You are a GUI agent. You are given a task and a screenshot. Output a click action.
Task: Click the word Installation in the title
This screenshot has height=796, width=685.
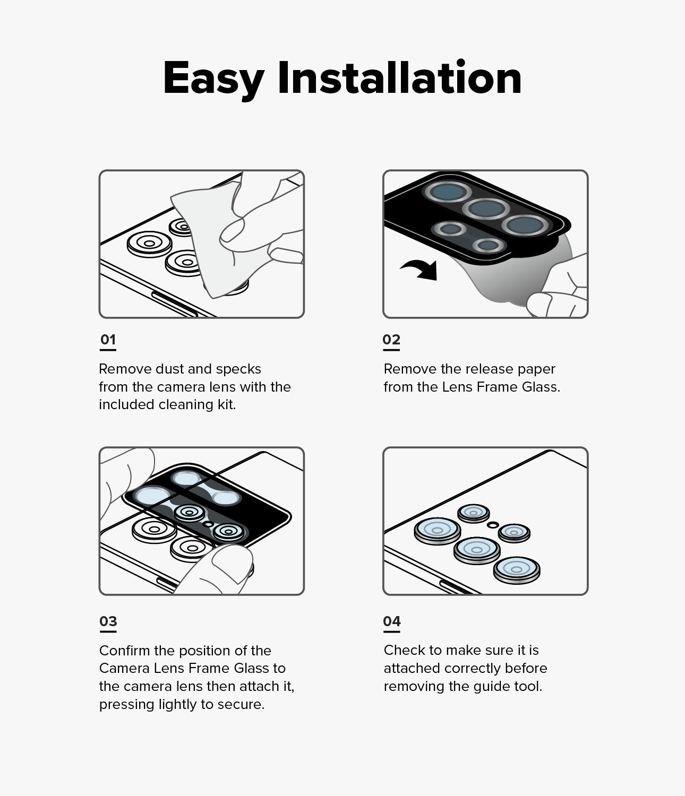(x=399, y=79)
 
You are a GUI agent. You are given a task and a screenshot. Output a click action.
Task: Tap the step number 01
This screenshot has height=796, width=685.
(x=108, y=340)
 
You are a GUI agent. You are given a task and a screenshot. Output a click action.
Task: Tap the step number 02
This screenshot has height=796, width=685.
(x=391, y=340)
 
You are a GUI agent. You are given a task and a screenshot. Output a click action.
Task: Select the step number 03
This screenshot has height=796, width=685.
(x=108, y=621)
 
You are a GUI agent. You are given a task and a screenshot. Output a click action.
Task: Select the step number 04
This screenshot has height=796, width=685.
(x=392, y=621)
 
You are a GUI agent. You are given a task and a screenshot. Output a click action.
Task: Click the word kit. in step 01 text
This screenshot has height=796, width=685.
(x=226, y=404)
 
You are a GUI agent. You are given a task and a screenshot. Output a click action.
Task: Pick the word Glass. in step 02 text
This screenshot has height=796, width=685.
(x=541, y=387)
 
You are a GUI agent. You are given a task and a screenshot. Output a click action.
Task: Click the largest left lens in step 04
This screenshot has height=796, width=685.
(x=438, y=530)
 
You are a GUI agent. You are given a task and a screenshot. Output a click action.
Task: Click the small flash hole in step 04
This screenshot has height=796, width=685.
(x=493, y=524)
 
